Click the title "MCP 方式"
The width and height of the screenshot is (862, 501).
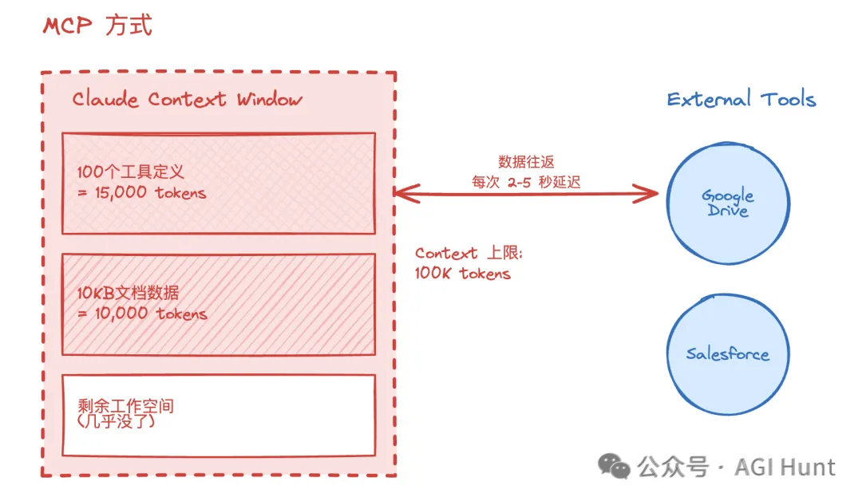(x=97, y=26)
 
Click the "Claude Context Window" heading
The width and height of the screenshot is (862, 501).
(x=187, y=100)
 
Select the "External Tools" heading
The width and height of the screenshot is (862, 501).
(x=741, y=100)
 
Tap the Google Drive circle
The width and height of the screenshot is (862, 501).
(x=727, y=203)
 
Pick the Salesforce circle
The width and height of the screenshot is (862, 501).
(x=727, y=354)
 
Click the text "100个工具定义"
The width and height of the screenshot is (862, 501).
(x=131, y=172)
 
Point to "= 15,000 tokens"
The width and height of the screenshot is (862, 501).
(x=142, y=192)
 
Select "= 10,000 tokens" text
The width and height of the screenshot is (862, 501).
(x=142, y=314)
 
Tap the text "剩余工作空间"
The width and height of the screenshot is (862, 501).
(x=126, y=406)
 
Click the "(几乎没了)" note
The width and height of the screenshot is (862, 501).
(x=117, y=421)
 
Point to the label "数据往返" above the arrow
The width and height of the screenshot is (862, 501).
(x=525, y=162)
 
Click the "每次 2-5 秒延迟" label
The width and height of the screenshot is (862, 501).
(x=525, y=182)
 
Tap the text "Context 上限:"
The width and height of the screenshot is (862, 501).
(x=468, y=254)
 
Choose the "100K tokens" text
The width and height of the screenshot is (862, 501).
(x=463, y=274)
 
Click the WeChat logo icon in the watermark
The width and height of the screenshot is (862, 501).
(x=615, y=466)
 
